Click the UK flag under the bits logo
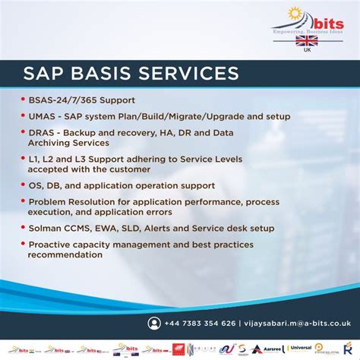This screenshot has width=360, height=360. pos(306,40)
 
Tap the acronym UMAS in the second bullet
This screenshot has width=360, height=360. pos(43,117)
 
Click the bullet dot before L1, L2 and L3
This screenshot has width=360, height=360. pos(23,159)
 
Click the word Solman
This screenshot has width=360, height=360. pos(46,228)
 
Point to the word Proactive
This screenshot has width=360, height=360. pos(52,245)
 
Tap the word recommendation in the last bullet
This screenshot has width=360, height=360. pos(65,254)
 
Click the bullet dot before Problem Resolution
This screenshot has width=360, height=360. pos(23,202)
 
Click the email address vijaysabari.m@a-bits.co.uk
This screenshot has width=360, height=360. pos(292,323)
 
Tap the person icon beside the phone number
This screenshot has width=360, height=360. pos(155,323)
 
